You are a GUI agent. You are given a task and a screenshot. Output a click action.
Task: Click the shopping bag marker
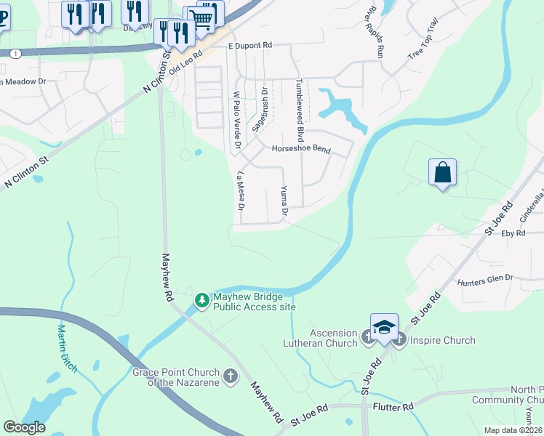442,173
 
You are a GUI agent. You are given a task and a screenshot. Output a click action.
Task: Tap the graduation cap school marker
384,328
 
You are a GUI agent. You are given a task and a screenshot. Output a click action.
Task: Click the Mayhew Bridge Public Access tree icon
201,299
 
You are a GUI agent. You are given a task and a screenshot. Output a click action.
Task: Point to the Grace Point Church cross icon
231,376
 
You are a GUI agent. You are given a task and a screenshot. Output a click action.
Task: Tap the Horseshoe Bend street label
300,150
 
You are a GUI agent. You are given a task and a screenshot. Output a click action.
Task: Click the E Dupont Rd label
249,45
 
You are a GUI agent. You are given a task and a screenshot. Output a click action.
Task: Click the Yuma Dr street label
284,201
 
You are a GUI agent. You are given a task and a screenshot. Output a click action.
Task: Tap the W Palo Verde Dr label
236,120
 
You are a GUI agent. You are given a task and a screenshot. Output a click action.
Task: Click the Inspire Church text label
442,340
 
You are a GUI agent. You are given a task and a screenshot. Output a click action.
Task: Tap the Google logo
24,427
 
